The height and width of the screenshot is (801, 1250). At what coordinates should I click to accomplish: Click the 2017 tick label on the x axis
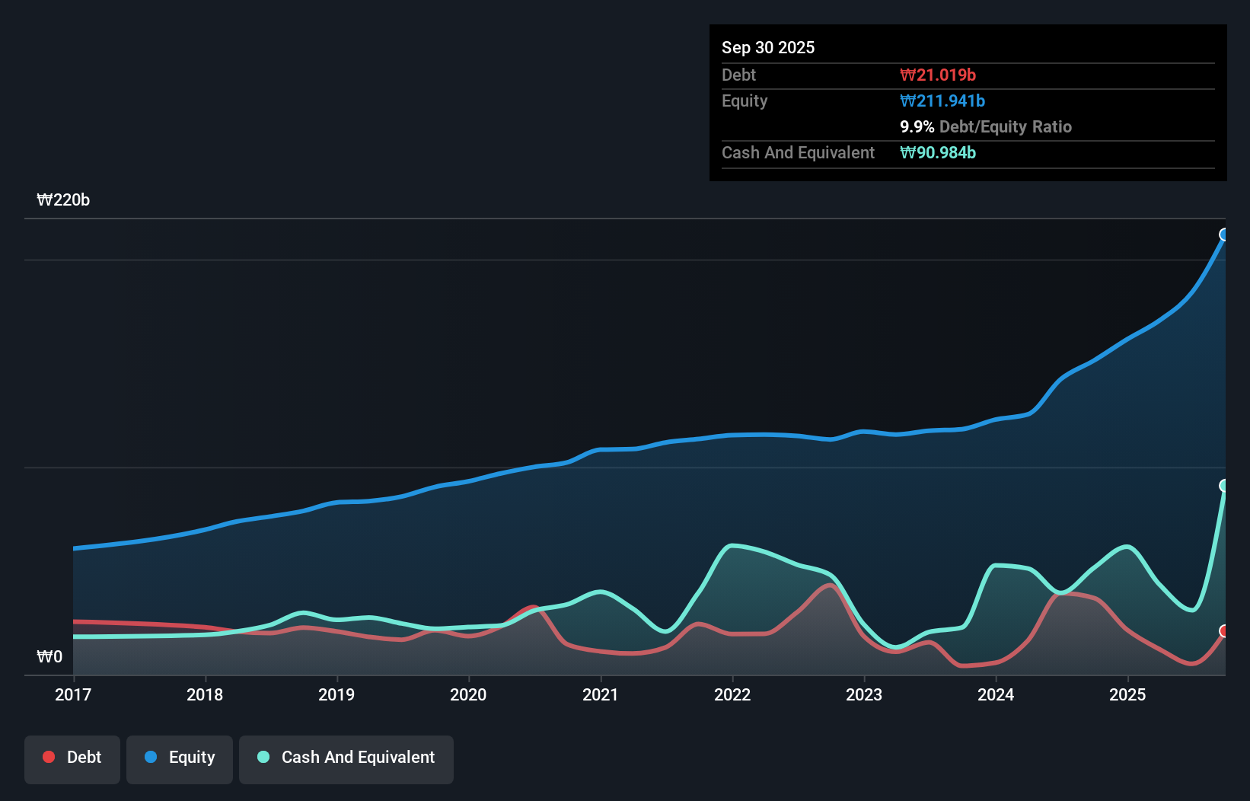click(73, 694)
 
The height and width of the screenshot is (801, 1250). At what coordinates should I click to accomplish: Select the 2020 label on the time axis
click(468, 694)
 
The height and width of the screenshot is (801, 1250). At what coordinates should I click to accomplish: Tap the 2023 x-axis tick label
click(864, 694)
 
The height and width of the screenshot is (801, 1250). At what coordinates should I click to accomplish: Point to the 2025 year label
click(1127, 694)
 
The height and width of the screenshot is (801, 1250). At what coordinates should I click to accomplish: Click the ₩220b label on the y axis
click(63, 200)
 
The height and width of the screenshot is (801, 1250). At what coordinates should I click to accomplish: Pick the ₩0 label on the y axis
click(49, 657)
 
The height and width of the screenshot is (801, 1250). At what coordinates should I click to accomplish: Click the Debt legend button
click(72, 758)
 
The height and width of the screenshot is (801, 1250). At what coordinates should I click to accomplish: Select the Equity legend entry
click(180, 758)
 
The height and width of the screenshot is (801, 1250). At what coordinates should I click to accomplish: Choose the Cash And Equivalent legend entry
click(346, 758)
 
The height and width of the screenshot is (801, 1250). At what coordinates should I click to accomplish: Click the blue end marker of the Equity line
click(1224, 235)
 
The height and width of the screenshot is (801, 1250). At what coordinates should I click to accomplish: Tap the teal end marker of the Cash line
click(1224, 486)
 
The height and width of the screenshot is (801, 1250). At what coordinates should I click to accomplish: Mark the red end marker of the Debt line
click(1224, 631)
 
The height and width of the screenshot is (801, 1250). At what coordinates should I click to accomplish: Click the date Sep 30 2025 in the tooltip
click(768, 48)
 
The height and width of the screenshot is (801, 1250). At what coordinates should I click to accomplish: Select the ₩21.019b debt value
click(938, 75)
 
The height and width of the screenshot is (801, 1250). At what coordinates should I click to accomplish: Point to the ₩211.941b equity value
click(942, 101)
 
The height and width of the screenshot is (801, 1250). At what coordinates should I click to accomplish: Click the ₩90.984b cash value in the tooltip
click(938, 153)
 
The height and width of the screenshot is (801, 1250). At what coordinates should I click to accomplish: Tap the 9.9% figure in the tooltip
click(917, 127)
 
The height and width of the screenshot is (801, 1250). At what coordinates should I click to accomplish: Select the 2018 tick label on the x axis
click(205, 694)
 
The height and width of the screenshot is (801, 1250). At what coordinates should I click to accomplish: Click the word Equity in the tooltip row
click(745, 101)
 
